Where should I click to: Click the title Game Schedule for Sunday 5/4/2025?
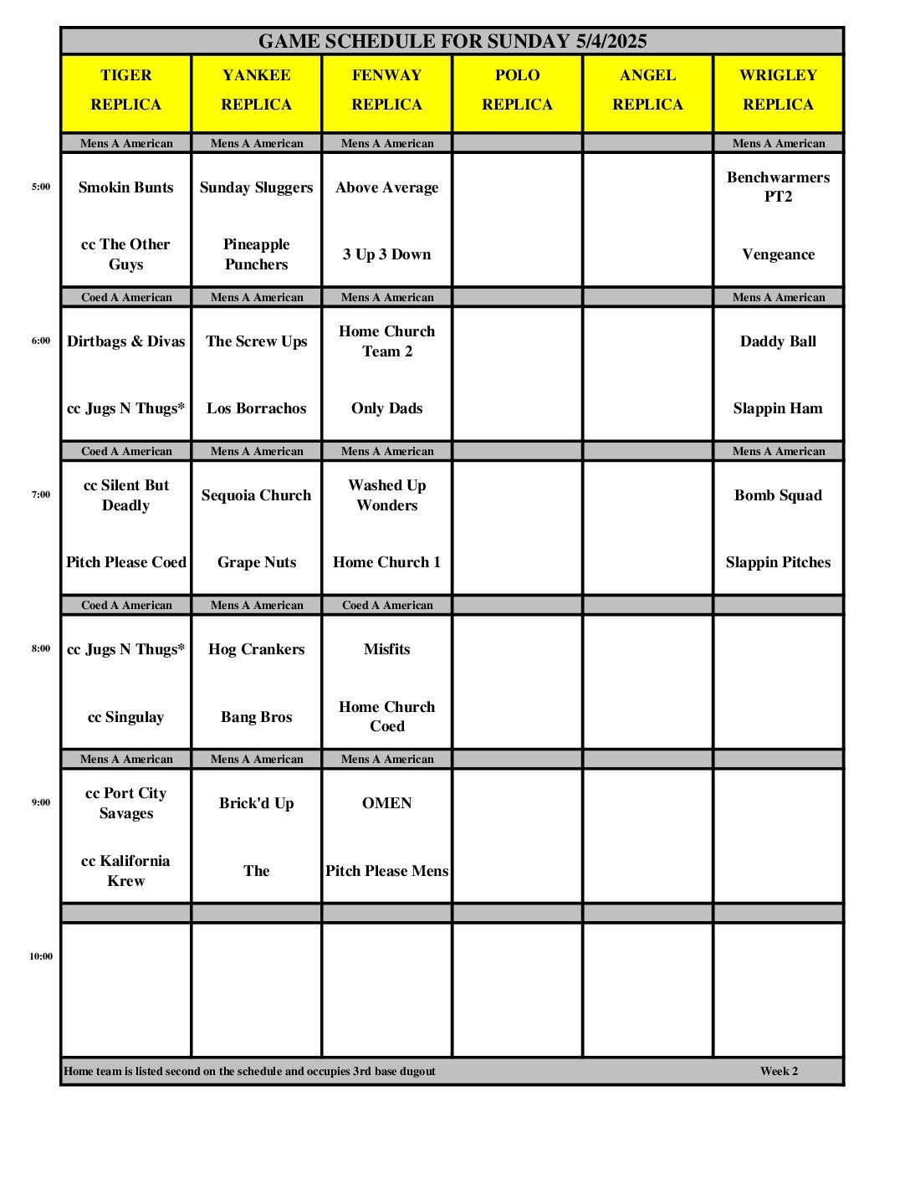coord(452,41)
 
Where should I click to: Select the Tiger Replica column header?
coord(126,90)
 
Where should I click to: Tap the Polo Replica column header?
coord(518,90)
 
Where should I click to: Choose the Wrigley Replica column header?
coord(778,90)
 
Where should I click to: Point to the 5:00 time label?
coord(41,187)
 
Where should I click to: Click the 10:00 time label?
coord(41,956)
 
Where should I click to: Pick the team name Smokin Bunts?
coord(126,187)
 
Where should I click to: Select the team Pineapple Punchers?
coord(257,254)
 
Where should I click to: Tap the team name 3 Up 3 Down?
coord(387,254)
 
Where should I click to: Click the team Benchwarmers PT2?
coord(778,187)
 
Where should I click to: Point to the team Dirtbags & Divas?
coord(126,341)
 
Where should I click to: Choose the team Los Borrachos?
coord(257,408)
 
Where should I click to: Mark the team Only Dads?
coord(387,408)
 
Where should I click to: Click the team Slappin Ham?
coord(778,408)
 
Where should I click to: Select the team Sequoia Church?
coord(257,495)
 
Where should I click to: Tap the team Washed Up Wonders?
coord(387,495)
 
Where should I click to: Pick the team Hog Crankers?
coord(257,649)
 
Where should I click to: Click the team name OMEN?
coord(387,803)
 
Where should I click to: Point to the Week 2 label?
coord(779,1071)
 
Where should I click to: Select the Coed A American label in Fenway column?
coord(387,605)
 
